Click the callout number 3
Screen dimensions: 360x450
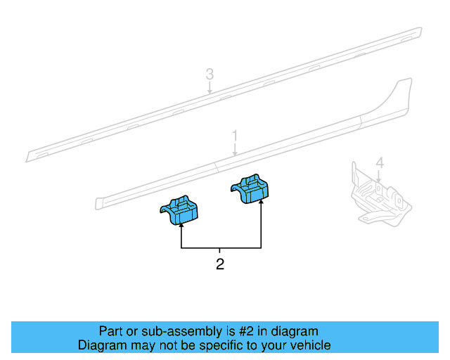coord(210,73)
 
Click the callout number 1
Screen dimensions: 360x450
coord(236,136)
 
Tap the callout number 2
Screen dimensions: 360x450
coord(220,265)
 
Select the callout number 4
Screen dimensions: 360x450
coord(379,163)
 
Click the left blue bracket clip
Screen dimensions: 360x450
coord(180,210)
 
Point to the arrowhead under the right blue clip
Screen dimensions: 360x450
coord(261,205)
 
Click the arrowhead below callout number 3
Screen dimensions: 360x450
coord(210,91)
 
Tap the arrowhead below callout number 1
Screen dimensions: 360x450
coord(236,153)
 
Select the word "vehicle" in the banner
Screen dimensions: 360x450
coord(309,345)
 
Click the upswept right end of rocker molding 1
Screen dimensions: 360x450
coord(403,91)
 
